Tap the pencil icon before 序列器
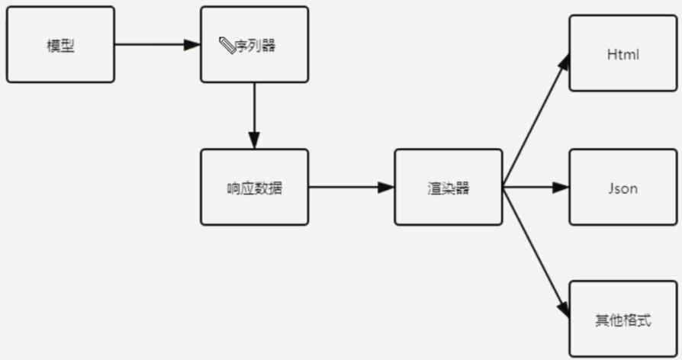[x=227, y=46]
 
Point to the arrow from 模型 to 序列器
[x=156, y=44]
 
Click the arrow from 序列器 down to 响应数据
[x=254, y=114]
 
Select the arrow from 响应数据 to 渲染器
[x=351, y=187]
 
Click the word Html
[x=622, y=55]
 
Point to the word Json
[x=622, y=188]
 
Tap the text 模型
[x=60, y=45]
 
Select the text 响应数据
[x=254, y=188]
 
